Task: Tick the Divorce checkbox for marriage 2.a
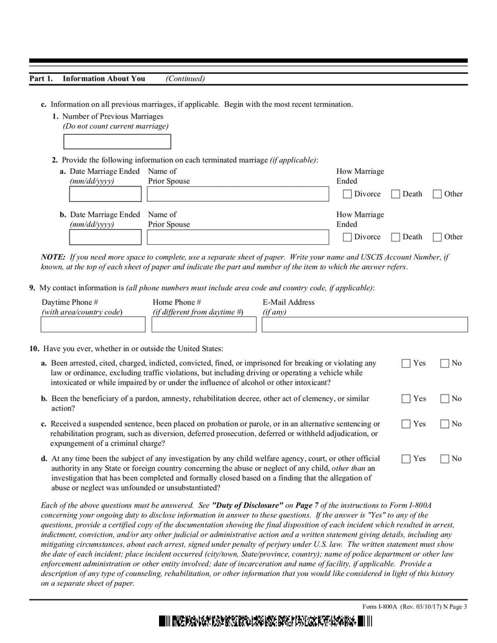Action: (347, 194)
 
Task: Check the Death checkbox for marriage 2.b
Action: (396, 237)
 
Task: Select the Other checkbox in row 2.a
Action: (437, 194)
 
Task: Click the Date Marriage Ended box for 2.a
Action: (105, 194)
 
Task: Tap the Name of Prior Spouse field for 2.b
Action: (237, 237)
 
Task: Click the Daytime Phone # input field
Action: (93, 324)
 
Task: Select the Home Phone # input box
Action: (203, 324)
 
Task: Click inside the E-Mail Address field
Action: (364, 324)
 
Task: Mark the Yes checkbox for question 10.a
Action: (406, 363)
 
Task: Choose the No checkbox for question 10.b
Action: (445, 399)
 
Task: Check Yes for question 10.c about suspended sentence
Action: (406, 424)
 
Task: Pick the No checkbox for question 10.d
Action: (445, 459)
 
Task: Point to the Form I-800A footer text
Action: (414, 607)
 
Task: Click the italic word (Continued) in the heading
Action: (185, 79)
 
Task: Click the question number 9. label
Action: (32, 288)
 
